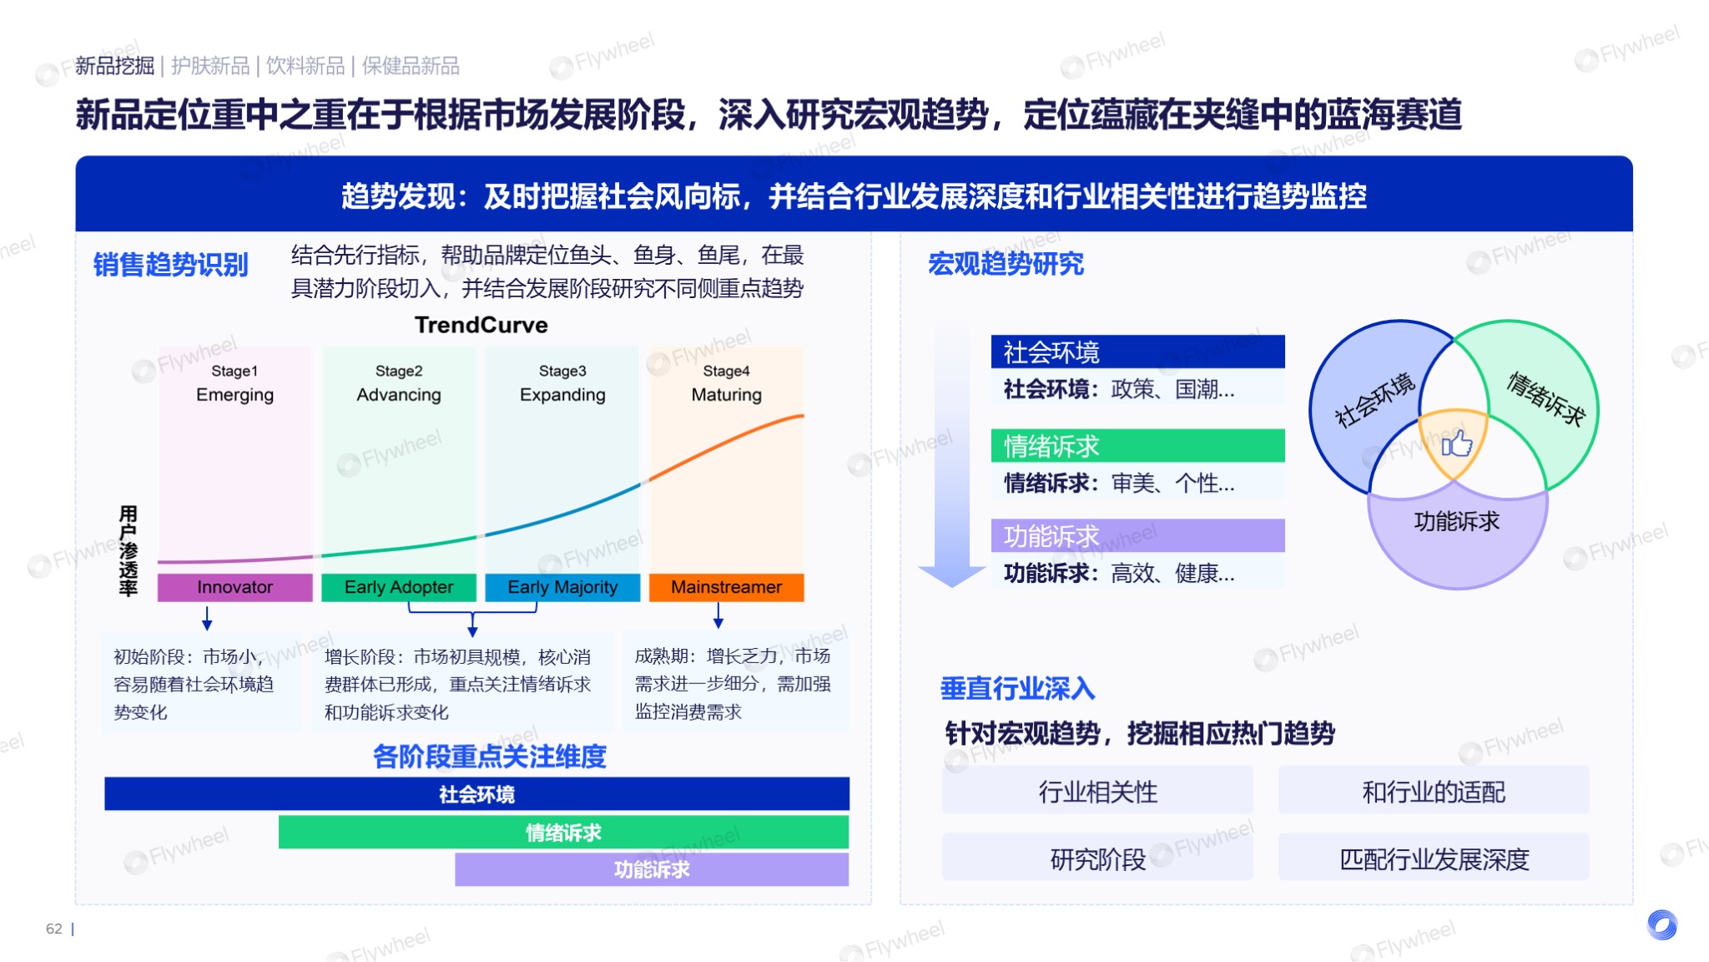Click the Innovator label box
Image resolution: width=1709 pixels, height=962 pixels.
pyautogui.click(x=234, y=587)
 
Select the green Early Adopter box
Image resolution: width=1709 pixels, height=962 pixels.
pyautogui.click(x=399, y=587)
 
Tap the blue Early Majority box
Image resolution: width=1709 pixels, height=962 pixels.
pyautogui.click(x=562, y=587)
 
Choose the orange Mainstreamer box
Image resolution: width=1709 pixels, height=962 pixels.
pyautogui.click(x=726, y=587)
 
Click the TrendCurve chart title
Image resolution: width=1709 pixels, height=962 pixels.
pyautogui.click(x=481, y=325)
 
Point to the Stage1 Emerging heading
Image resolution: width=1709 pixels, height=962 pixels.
pyautogui.click(x=234, y=383)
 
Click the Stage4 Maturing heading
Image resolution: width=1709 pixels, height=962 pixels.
pyautogui.click(x=726, y=383)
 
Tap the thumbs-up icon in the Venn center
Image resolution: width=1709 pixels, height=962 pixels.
pyautogui.click(x=1457, y=443)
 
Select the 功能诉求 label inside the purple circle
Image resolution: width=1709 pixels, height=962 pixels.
pyautogui.click(x=1456, y=522)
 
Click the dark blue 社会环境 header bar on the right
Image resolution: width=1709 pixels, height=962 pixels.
pyautogui.click(x=1137, y=352)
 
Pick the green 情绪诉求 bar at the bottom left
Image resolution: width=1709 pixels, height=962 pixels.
pyautogui.click(x=563, y=833)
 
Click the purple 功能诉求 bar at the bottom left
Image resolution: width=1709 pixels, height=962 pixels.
pyautogui.click(x=652, y=869)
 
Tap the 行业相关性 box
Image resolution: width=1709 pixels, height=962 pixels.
pyautogui.click(x=1097, y=791)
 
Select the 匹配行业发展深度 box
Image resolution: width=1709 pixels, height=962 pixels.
pyautogui.click(x=1434, y=858)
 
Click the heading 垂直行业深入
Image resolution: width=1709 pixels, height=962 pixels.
pyautogui.click(x=1017, y=688)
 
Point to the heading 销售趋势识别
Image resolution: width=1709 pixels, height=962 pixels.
pyautogui.click(x=170, y=264)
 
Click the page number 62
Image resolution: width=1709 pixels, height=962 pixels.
pyautogui.click(x=54, y=929)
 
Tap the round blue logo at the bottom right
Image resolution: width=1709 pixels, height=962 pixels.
pyautogui.click(x=1661, y=924)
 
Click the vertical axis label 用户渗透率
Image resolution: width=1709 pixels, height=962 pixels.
pyautogui.click(x=128, y=550)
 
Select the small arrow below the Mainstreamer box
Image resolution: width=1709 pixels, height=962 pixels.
pyautogui.click(x=718, y=616)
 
